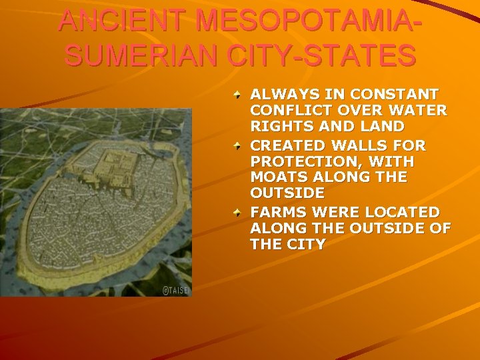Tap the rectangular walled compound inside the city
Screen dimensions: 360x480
(x=117, y=159)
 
